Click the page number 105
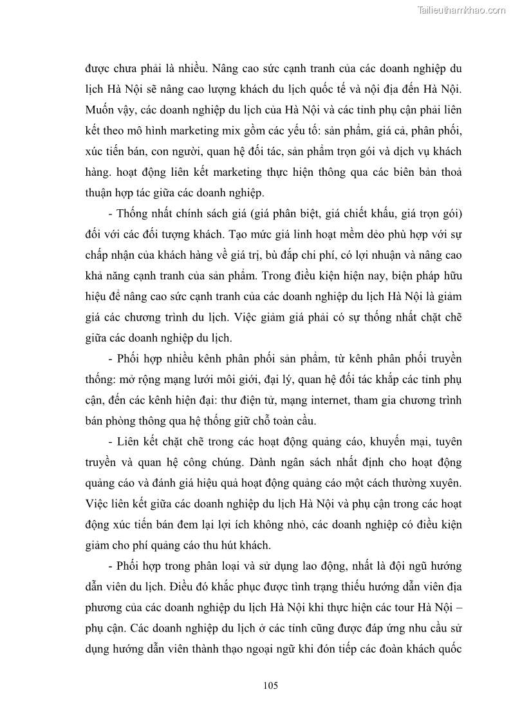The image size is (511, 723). pos(270,686)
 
